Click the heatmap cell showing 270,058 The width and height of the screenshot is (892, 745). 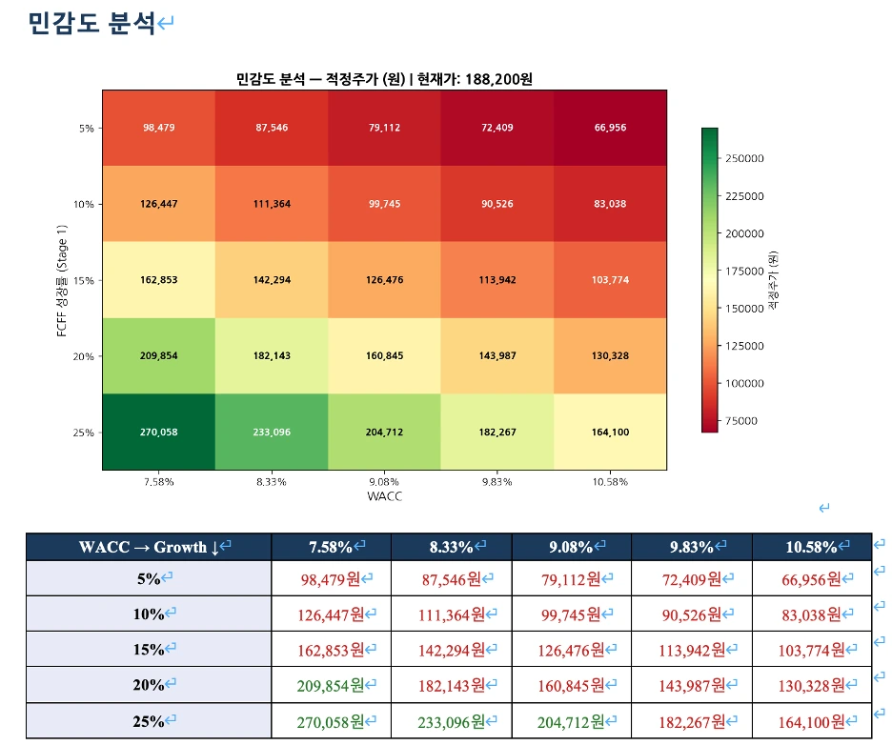(159, 432)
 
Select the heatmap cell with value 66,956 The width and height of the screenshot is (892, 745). (610, 128)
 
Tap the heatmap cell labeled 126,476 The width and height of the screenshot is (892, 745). (384, 280)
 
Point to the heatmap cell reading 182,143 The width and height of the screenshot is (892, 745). (272, 355)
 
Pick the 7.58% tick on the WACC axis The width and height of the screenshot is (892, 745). (159, 481)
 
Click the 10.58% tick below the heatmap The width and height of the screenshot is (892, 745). (610, 481)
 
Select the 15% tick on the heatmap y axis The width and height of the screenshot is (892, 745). (84, 280)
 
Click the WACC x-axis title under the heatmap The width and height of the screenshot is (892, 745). (384, 496)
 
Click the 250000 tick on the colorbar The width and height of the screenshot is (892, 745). (744, 158)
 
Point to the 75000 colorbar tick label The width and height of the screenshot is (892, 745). (741, 420)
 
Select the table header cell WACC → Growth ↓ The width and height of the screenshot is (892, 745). (149, 547)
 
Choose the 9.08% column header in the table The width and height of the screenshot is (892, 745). (572, 547)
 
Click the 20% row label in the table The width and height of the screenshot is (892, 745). (149, 684)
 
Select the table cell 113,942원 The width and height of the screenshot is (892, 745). (692, 650)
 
